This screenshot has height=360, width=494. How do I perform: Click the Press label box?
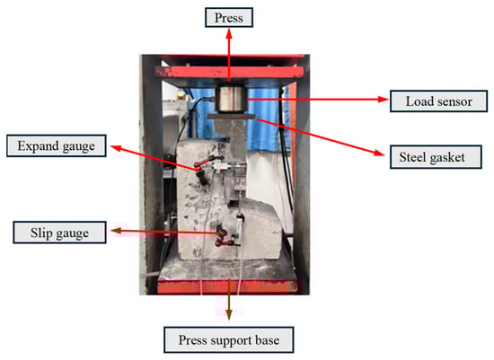click(229, 17)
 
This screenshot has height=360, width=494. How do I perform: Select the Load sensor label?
click(438, 101)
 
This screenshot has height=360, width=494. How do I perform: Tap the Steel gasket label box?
click(436, 157)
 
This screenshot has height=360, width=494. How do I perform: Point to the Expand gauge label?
click(57, 145)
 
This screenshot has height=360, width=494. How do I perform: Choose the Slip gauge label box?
click(59, 233)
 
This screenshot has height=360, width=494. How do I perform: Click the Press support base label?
click(229, 340)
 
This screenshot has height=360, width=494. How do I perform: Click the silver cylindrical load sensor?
click(231, 99)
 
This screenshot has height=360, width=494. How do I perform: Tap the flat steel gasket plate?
click(231, 117)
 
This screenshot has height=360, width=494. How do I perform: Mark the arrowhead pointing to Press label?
click(229, 34)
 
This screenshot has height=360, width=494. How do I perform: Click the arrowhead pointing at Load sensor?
click(384, 100)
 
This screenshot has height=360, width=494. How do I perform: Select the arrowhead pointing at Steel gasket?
click(379, 153)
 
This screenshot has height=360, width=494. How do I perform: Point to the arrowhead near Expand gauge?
click(115, 148)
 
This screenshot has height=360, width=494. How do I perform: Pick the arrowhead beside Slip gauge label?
click(116, 231)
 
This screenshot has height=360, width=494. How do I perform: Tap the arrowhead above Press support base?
click(229, 314)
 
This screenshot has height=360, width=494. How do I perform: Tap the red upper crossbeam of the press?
click(230, 72)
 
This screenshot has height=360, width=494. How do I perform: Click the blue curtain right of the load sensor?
click(263, 119)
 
